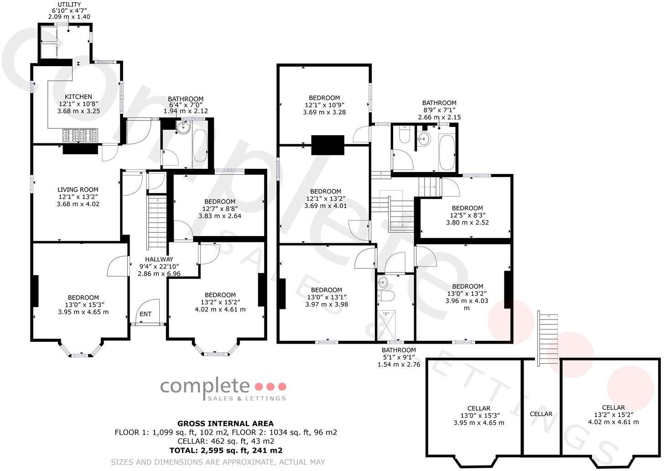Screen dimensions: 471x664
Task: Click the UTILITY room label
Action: tap(69, 5)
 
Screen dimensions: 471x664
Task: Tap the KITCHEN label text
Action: tap(78, 97)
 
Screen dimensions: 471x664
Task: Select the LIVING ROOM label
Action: tap(78, 189)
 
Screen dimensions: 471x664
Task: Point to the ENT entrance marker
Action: tap(145, 314)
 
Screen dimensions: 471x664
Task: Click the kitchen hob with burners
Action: tap(80, 135)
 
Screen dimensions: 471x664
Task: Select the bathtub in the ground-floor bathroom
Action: tap(200, 144)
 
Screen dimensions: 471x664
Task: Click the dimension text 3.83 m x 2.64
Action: tap(220, 216)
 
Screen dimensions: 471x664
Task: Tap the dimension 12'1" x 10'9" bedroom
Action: tap(324, 105)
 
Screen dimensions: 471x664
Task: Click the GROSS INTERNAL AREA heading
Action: tap(225, 424)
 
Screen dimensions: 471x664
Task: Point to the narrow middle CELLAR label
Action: tap(541, 414)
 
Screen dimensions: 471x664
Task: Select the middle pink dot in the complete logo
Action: tap(271, 387)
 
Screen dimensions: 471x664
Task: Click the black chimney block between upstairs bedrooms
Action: tap(327, 145)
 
